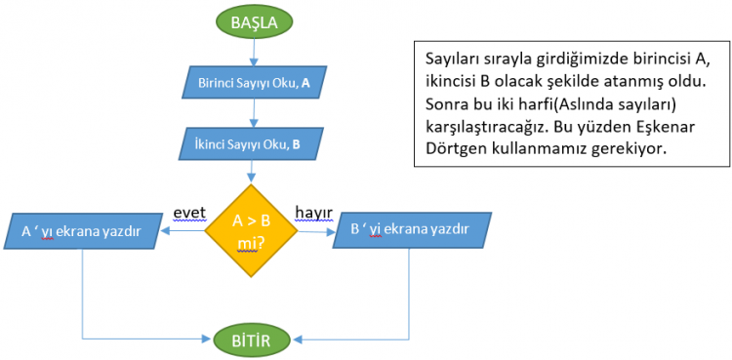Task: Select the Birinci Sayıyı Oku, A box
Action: pos(254,83)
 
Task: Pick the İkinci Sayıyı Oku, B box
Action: pos(254,144)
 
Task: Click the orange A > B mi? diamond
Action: pos(253,230)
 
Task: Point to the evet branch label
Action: pos(189,213)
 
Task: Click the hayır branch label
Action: pos(315,213)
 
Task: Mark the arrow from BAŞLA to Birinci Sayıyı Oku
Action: pos(254,55)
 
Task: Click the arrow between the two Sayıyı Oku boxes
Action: pos(254,114)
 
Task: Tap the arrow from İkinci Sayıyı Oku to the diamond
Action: pos(254,174)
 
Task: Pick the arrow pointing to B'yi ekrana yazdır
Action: pos(318,231)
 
